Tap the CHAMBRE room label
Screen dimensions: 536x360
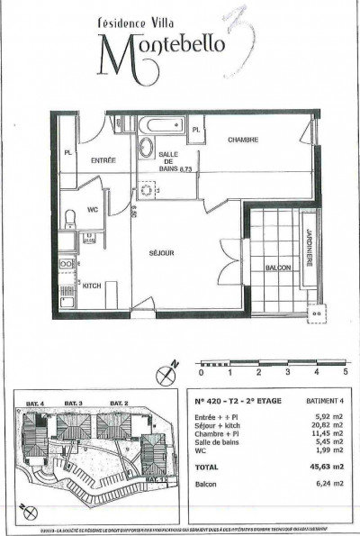[x=243, y=141]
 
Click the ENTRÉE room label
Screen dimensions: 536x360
[x=103, y=159]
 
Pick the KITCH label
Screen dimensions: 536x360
[x=92, y=285]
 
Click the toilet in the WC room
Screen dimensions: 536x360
[x=70, y=217]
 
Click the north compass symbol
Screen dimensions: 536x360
[x=165, y=370]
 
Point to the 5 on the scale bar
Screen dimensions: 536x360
[x=345, y=371]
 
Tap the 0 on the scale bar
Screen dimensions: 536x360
[x=202, y=371]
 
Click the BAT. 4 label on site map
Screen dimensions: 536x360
[x=36, y=401]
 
